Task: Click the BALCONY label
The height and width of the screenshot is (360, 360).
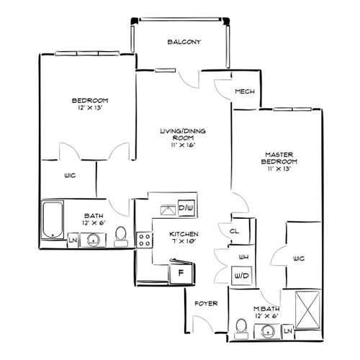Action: [x=184, y=42]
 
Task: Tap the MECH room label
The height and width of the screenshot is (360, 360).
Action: [x=245, y=91]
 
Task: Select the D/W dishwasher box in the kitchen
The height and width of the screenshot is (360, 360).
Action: [x=186, y=208]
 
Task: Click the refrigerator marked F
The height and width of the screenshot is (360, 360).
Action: [x=181, y=272]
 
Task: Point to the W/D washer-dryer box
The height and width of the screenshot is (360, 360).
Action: [x=242, y=276]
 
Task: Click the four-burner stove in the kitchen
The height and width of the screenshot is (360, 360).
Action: [x=145, y=240]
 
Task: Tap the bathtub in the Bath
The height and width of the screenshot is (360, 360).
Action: [x=53, y=220]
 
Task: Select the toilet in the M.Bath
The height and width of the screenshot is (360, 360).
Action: [x=241, y=329]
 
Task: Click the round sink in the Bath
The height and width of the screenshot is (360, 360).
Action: [x=93, y=240]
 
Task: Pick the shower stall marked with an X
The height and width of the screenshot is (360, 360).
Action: [x=307, y=310]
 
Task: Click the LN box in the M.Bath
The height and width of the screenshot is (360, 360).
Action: [x=288, y=331]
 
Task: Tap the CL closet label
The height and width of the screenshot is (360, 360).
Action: [x=234, y=231]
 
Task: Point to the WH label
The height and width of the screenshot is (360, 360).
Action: [x=243, y=257]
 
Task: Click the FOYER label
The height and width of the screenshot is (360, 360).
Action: [x=206, y=304]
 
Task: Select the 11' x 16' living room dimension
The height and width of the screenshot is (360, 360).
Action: [x=184, y=145]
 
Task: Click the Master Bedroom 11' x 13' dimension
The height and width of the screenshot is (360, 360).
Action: [x=279, y=168]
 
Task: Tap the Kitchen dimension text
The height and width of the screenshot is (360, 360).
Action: [x=184, y=241]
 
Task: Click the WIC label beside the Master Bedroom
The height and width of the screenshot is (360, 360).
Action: [x=299, y=258]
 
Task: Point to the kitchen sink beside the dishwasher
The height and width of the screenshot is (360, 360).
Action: [x=168, y=210]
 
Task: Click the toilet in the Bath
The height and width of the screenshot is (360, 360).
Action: [x=121, y=237]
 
